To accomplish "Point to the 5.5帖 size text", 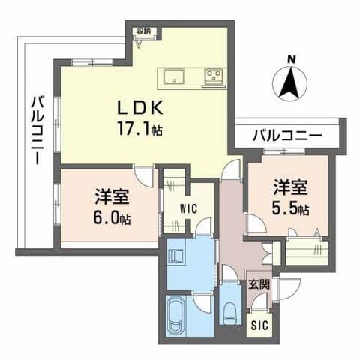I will tap(290, 210).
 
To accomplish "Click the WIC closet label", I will tap(188, 209).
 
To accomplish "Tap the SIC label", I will tap(259, 325).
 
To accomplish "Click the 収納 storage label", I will tap(142, 31).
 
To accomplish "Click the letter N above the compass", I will tap(292, 58).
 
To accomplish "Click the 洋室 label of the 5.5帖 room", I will tap(289, 187).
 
